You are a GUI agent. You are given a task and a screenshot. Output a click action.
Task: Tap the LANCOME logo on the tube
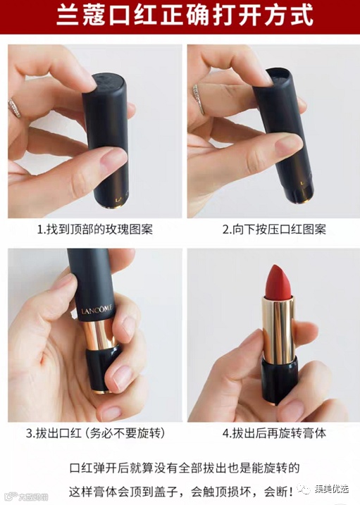(x=97, y=310)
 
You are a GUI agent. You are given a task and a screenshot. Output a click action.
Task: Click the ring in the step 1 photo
(x=15, y=107)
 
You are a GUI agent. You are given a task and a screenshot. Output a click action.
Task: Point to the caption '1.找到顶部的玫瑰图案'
(x=95, y=230)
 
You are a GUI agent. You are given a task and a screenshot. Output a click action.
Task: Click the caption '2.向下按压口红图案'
(x=274, y=230)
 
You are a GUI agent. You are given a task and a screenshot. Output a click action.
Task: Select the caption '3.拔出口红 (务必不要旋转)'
(x=96, y=433)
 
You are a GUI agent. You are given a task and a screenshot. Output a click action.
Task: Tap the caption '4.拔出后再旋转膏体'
(x=274, y=433)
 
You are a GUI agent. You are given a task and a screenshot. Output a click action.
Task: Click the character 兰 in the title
(x=68, y=15)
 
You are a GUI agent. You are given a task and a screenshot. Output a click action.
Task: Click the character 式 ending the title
(x=302, y=15)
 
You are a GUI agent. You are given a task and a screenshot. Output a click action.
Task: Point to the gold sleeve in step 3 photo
(x=99, y=334)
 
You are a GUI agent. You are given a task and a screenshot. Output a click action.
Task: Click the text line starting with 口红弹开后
(x=184, y=468)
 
